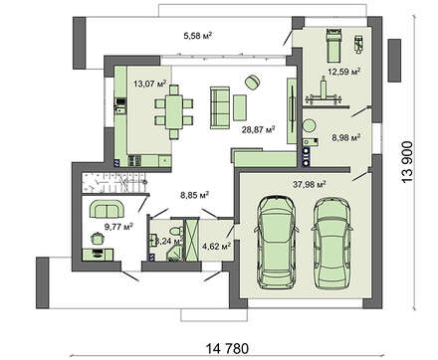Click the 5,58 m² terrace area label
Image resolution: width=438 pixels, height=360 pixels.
201,37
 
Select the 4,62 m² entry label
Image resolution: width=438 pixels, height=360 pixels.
216,244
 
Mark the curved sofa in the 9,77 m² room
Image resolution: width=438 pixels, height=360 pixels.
107,207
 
